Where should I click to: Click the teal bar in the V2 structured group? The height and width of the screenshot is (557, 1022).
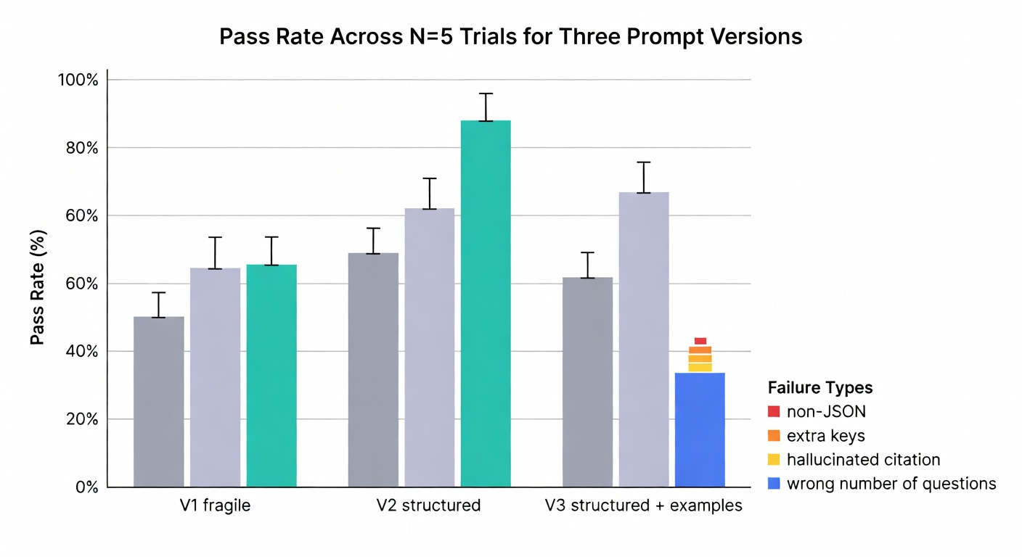(x=486, y=303)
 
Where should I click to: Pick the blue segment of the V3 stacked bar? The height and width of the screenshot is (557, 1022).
(x=700, y=429)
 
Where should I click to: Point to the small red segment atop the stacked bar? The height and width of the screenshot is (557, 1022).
(x=700, y=341)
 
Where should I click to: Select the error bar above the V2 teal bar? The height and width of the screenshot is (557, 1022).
(x=486, y=107)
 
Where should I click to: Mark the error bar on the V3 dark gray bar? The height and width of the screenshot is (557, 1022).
(x=587, y=265)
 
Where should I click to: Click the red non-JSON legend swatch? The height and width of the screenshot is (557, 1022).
(x=773, y=412)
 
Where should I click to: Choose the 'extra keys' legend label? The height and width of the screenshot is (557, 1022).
(x=825, y=436)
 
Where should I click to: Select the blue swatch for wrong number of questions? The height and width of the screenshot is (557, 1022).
(x=773, y=484)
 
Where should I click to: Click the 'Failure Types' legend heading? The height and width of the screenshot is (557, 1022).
(x=819, y=387)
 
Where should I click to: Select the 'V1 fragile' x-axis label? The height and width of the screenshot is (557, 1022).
(x=215, y=506)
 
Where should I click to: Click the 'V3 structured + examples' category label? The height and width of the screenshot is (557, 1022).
(x=643, y=506)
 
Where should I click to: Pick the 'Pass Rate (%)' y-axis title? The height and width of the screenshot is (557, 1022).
(x=37, y=286)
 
